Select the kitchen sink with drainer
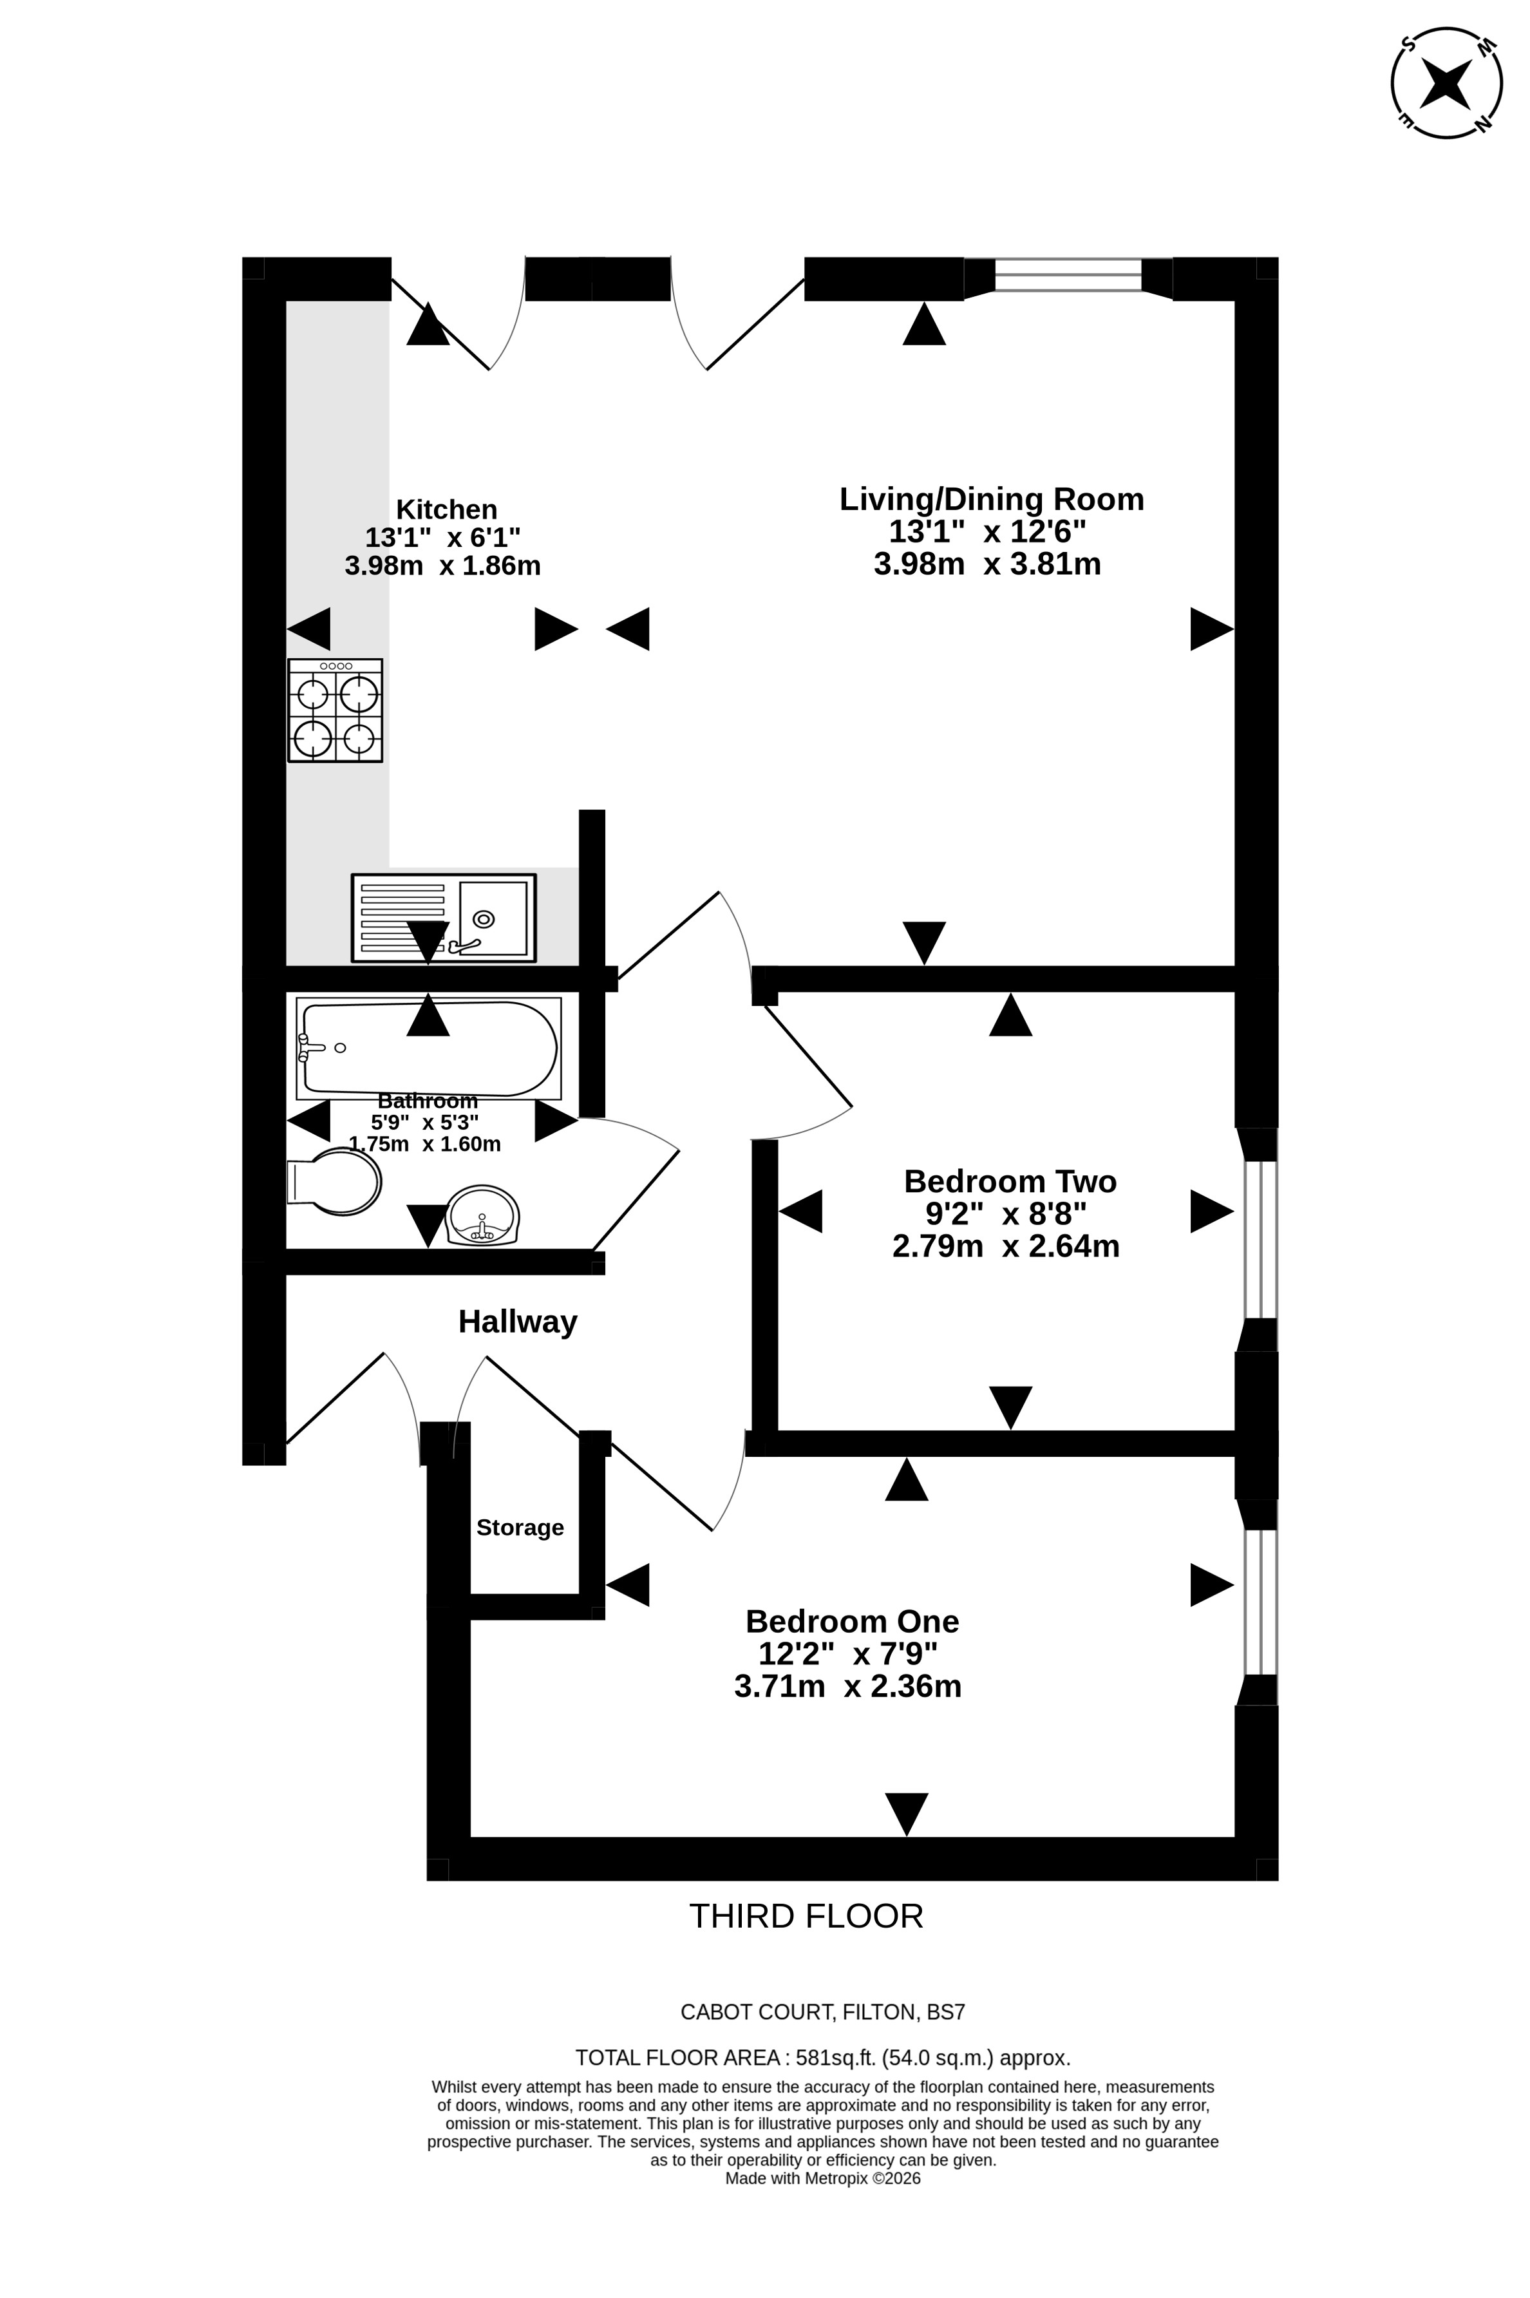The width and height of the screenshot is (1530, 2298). tap(444, 917)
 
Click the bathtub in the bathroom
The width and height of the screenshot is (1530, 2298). tap(430, 1048)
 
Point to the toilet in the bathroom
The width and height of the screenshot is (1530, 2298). tap(334, 1182)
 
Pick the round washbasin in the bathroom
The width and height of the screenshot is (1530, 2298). tap(482, 1215)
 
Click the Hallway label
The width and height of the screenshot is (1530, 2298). tap(518, 1321)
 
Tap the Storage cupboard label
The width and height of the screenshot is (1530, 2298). tap(520, 1527)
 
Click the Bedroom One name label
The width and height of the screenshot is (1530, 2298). tap(852, 1621)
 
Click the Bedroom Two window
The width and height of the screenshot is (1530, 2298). tap(1260, 1239)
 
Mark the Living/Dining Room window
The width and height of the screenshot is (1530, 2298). tap(1068, 275)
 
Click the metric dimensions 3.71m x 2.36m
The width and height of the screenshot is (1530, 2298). tap(848, 1686)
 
